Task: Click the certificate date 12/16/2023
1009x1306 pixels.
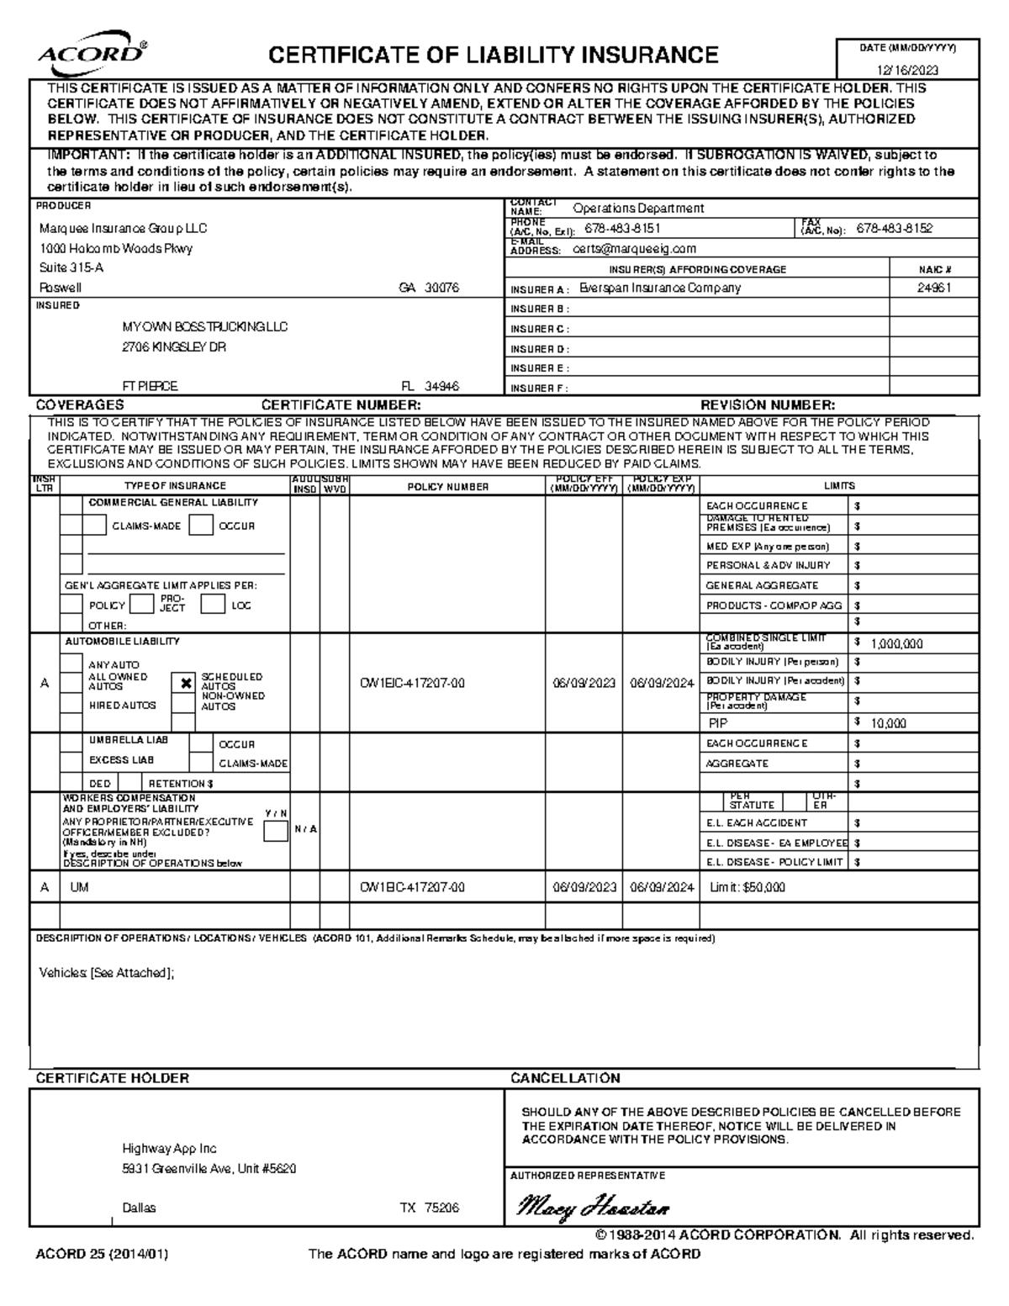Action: pyautogui.click(x=908, y=71)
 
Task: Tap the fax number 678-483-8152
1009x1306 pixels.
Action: pyautogui.click(x=895, y=229)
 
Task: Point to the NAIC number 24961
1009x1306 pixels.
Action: pyautogui.click(x=934, y=288)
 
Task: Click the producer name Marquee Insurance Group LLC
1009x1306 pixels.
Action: pyautogui.click(x=124, y=229)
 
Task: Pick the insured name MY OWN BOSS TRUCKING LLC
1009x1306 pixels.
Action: pyautogui.click(x=205, y=327)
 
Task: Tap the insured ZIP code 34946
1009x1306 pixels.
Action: pyautogui.click(x=441, y=387)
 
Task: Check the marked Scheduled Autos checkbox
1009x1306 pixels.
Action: pyautogui.click(x=185, y=683)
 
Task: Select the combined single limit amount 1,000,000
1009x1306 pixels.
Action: pyautogui.click(x=896, y=644)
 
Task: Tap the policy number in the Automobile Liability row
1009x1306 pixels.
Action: pyautogui.click(x=412, y=684)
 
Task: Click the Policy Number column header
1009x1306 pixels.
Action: pyautogui.click(x=447, y=487)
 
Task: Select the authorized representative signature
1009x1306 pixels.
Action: pyautogui.click(x=593, y=1208)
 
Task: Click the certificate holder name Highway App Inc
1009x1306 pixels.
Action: pyautogui.click(x=169, y=1149)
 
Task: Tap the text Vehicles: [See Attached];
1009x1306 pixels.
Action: pyautogui.click(x=107, y=973)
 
